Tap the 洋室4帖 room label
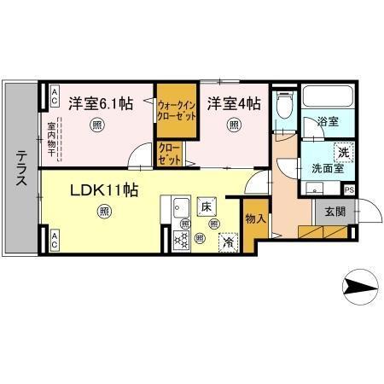(x=233, y=104)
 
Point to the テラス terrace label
(x=20, y=169)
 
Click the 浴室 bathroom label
(x=329, y=123)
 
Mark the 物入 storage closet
(x=255, y=219)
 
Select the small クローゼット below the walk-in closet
(x=169, y=153)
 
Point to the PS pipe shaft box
(x=349, y=190)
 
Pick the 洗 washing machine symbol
(x=341, y=151)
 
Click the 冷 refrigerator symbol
(x=228, y=241)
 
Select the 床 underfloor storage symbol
(x=206, y=206)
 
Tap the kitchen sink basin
(x=180, y=207)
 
